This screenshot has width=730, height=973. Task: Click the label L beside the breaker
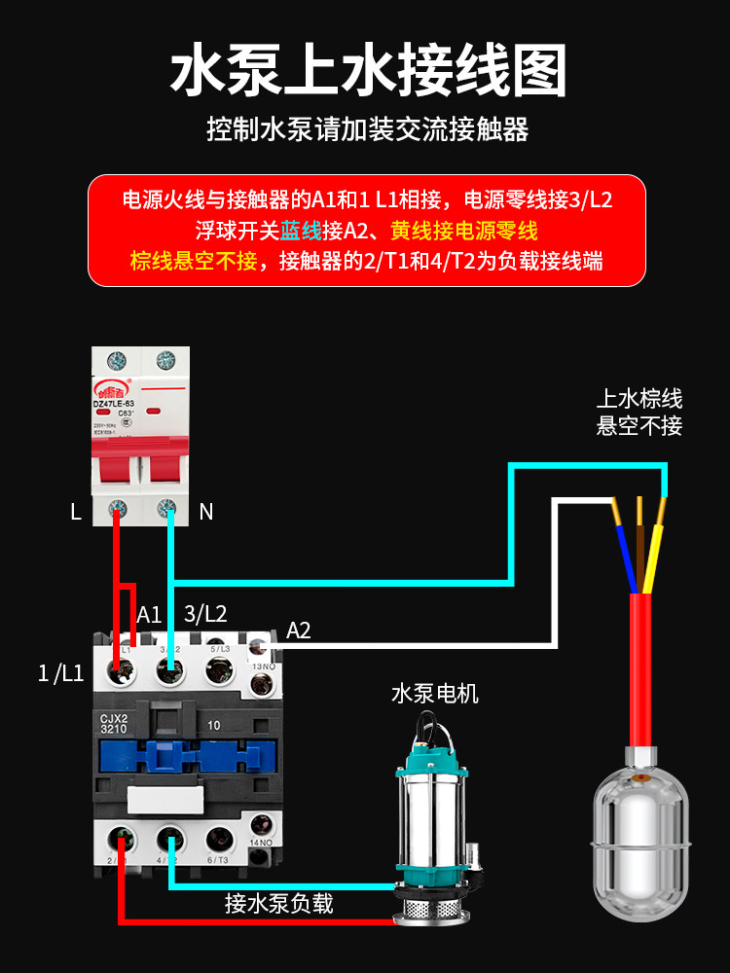(76, 513)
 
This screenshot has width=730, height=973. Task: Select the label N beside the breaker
(205, 512)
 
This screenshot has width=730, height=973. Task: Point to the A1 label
(149, 614)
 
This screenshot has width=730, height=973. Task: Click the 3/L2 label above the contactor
(205, 614)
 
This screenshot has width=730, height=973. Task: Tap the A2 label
(299, 631)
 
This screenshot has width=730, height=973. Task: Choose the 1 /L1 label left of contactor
(60, 672)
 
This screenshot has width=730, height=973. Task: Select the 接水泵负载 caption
(278, 903)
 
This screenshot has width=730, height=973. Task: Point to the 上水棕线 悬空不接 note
(639, 412)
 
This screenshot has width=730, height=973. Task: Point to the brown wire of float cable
(639, 545)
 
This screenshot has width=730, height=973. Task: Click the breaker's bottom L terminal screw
(119, 507)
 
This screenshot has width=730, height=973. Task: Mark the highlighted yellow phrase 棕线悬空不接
(193, 260)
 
